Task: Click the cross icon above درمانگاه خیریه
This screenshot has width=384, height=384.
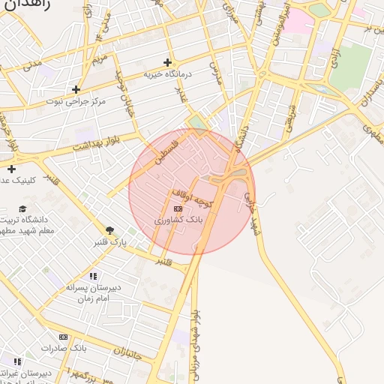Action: (x=167, y=62)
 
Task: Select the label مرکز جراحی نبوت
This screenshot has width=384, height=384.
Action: (x=75, y=100)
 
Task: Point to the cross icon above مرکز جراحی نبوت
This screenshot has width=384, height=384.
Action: (x=76, y=89)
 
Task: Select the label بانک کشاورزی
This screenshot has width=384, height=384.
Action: (x=178, y=220)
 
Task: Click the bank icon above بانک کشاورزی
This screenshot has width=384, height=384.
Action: (x=178, y=208)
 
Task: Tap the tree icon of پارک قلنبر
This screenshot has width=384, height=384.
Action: (x=110, y=230)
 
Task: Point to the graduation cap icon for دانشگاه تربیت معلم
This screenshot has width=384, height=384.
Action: (x=22, y=208)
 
